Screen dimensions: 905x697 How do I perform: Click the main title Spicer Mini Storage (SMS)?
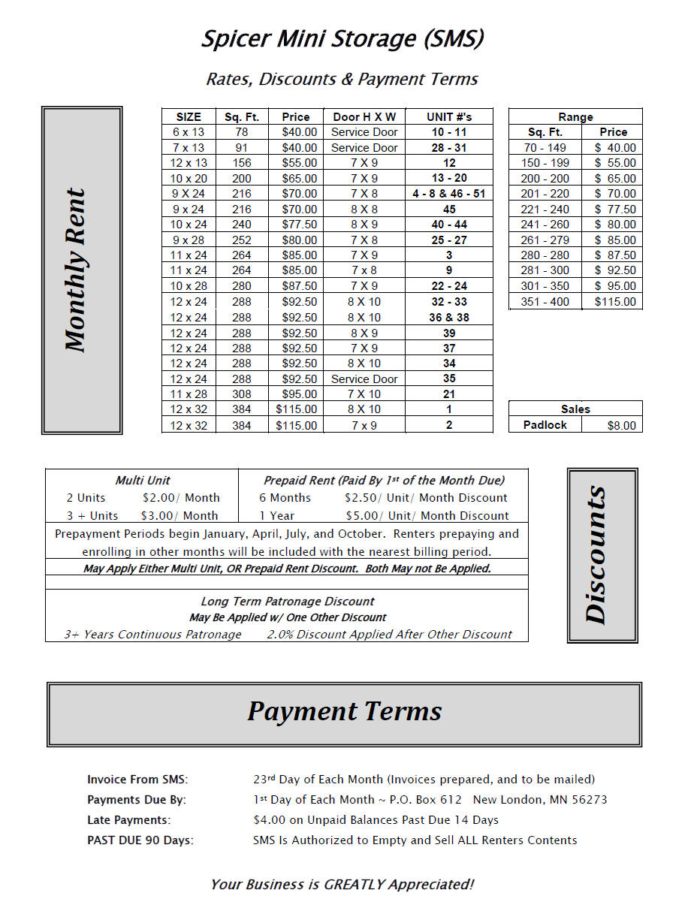pos(342,39)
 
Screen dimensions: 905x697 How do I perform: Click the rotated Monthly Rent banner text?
pos(76,270)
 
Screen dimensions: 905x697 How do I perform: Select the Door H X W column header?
pos(364,116)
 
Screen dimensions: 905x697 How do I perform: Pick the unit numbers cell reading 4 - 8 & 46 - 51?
pos(449,194)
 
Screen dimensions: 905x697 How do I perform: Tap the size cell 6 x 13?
pos(189,132)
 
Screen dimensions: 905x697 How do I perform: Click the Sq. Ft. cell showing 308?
pos(241,394)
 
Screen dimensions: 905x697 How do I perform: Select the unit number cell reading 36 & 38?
pos(449,317)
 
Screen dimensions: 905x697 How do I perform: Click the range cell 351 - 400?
pos(546,302)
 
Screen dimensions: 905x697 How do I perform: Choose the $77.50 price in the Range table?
pos(614,210)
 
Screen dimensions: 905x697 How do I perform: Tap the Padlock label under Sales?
pos(545,425)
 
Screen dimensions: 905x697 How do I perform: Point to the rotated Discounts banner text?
pos(596,555)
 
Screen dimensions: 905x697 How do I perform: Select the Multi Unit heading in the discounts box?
pos(143,481)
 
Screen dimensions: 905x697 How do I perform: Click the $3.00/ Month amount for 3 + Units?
pos(180,516)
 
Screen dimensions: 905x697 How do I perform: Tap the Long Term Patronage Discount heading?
pos(287,602)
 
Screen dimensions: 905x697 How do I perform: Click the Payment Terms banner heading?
pos(344,711)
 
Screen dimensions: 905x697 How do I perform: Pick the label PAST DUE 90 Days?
pos(140,840)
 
